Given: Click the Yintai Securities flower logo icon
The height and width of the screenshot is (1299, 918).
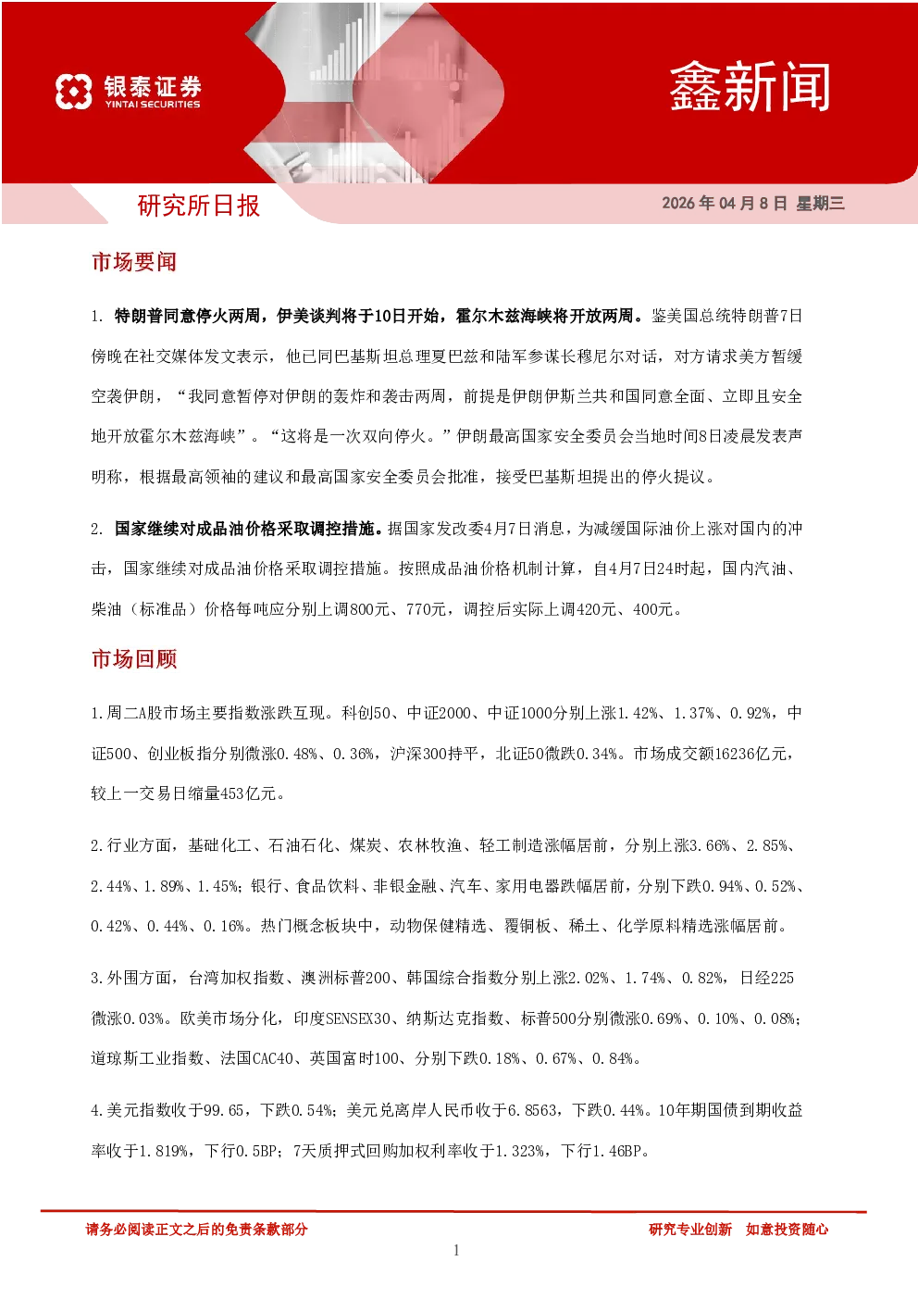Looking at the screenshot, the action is [73, 91].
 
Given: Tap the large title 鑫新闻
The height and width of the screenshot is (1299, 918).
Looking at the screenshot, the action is [751, 87].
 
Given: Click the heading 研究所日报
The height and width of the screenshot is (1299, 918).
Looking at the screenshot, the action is [198, 206].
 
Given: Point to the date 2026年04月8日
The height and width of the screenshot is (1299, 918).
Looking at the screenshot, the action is [725, 203].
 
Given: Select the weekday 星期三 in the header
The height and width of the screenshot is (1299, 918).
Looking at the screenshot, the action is [820, 203].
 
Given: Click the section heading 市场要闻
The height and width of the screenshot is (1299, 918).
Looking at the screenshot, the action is [134, 261].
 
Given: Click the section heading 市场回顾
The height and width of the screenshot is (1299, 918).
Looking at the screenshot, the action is [134, 659].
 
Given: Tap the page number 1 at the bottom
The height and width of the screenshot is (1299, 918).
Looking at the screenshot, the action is [456, 1250].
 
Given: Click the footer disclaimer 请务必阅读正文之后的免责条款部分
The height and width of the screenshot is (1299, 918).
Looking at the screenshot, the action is [196, 1229].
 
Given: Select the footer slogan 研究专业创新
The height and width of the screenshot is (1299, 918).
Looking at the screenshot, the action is [690, 1229].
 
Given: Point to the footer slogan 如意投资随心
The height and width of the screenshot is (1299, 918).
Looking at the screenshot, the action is [787, 1229].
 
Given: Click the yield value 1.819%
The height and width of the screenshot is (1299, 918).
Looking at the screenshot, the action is [164, 1151].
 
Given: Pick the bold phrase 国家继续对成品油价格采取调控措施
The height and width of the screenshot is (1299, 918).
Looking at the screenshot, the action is [244, 529].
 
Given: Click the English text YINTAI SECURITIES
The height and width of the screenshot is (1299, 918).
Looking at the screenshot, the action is [153, 105].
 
